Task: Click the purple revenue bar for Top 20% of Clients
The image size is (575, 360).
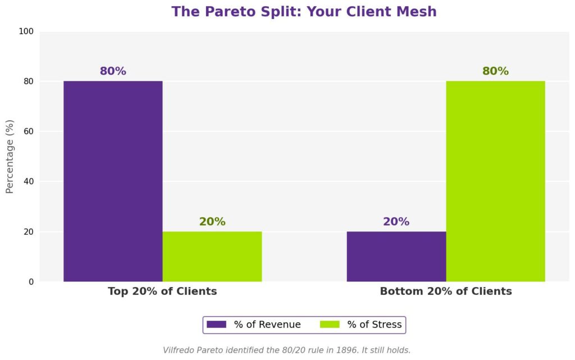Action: tap(113, 181)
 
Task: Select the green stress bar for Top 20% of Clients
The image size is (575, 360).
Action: tap(212, 256)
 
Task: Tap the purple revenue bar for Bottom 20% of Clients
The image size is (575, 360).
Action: tap(396, 256)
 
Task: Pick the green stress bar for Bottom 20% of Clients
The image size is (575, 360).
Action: tap(495, 181)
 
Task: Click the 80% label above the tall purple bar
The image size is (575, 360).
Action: tap(113, 71)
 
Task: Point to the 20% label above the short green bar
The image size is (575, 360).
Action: tap(212, 222)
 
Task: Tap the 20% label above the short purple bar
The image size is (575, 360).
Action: tap(396, 222)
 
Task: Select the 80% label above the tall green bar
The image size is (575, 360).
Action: tap(495, 71)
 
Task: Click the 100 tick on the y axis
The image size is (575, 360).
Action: tap(26, 31)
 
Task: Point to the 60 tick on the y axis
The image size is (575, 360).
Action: tap(29, 132)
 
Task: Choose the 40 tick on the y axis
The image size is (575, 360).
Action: tap(29, 182)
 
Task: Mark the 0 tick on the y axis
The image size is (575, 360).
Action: tap(31, 282)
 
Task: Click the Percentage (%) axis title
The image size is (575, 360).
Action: tap(10, 156)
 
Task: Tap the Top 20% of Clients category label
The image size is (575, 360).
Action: tap(162, 291)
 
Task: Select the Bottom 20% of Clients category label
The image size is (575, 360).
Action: tap(446, 291)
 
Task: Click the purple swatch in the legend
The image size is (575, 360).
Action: tap(216, 325)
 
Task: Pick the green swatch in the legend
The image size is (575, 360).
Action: tap(330, 325)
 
